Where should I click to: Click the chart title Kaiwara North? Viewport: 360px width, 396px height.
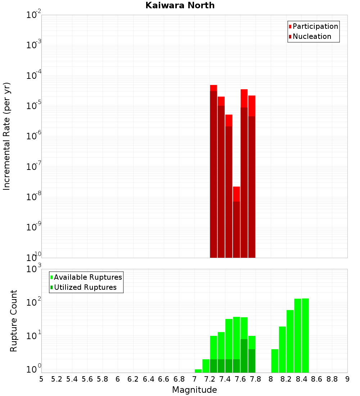pos(180,5)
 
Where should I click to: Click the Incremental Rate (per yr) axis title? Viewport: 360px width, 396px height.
pos(7,136)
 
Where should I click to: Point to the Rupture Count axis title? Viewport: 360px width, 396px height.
pos(14,320)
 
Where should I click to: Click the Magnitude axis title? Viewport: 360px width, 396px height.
pos(194,390)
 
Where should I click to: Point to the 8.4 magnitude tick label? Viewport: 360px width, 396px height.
pos(301,379)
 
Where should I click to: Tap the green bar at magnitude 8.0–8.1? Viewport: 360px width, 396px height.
pos(275,361)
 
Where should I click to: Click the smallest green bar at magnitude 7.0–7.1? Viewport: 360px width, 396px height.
pos(198,371)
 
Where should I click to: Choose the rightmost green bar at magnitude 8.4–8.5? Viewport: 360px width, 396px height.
pos(305,335)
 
